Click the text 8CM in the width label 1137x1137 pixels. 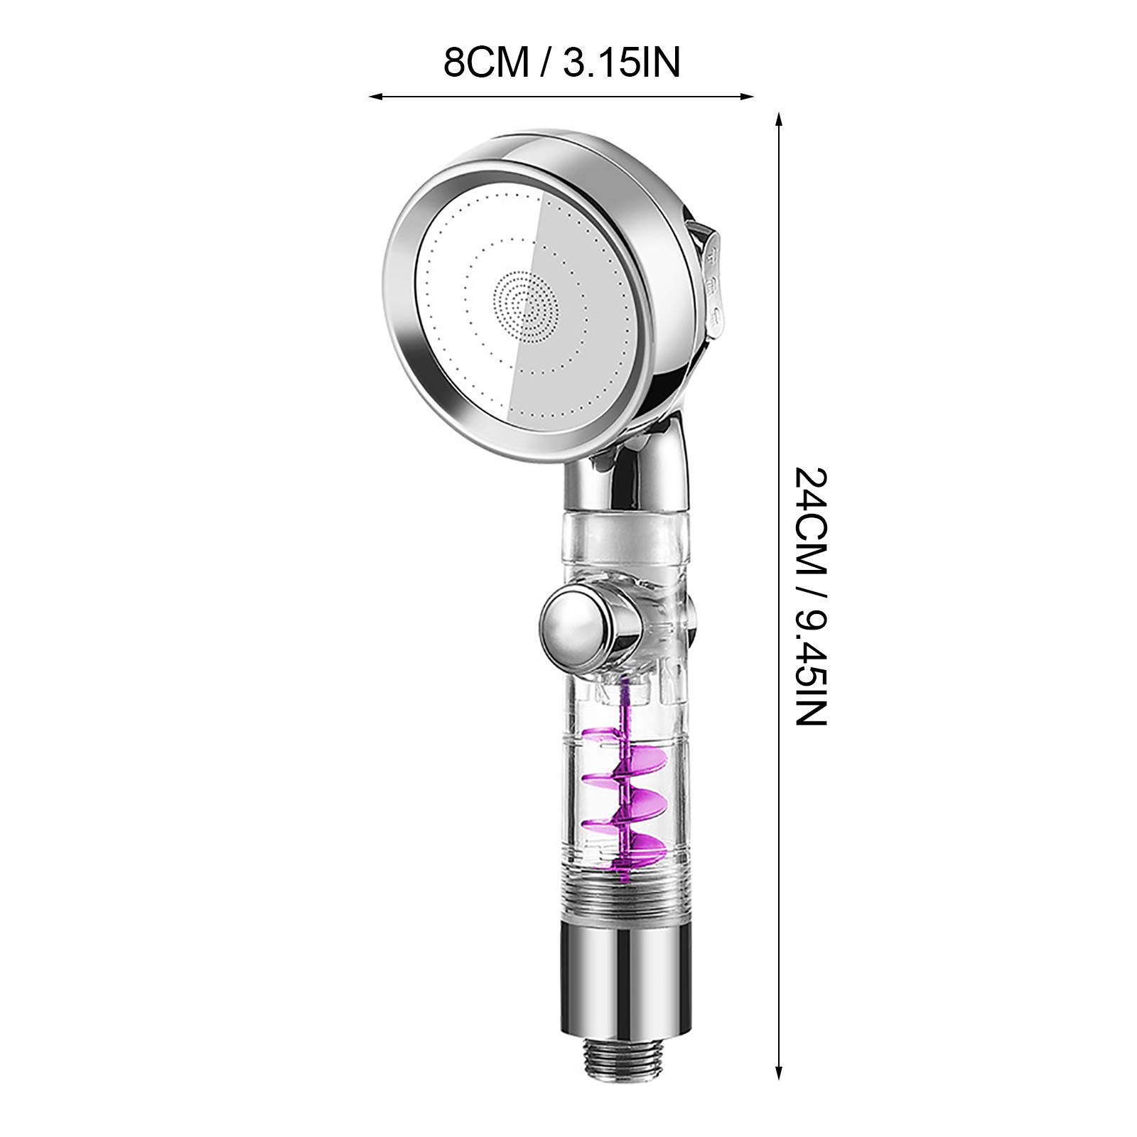(x=487, y=62)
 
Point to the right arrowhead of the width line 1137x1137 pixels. (x=746, y=96)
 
